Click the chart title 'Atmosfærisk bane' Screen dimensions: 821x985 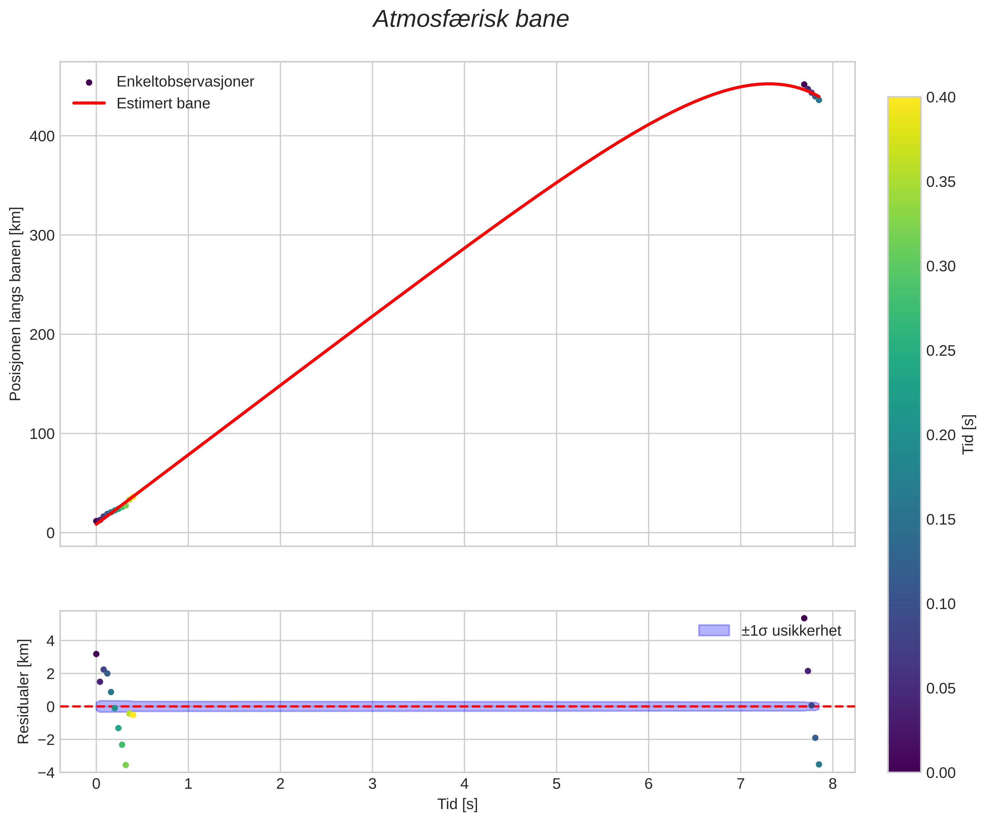tap(470, 20)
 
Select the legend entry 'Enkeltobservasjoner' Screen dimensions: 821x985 tap(185, 82)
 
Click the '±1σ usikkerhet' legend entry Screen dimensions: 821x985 tap(791, 631)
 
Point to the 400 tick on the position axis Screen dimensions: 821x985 tap(42, 136)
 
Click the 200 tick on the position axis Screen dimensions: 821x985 tap(42, 334)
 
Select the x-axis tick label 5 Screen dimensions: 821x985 tap(556, 784)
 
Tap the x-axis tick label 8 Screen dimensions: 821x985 tap(833, 784)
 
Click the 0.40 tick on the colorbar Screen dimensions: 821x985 tap(940, 98)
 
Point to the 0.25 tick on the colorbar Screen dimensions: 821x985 tap(940, 351)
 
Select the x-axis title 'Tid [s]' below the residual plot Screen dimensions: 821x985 tap(457, 804)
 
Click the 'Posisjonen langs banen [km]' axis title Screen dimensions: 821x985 tap(16, 304)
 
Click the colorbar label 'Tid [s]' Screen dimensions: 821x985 tap(968, 434)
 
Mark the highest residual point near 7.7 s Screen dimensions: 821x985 tap(804, 618)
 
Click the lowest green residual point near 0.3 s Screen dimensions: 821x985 tap(126, 765)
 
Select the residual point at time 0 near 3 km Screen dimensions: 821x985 tap(96, 654)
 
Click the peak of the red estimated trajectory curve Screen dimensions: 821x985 tap(768, 84)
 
